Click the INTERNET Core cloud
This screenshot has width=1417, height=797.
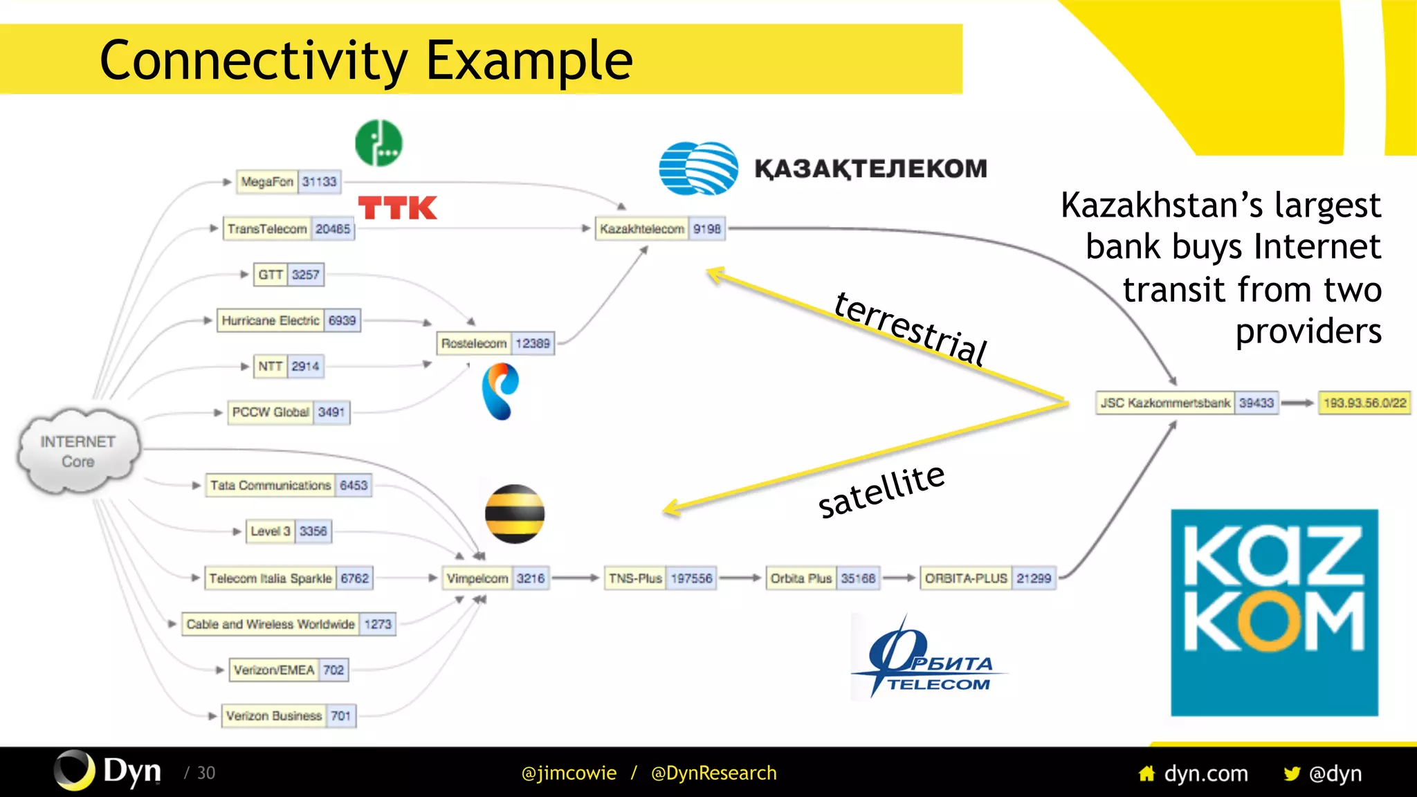pyautogui.click(x=77, y=451)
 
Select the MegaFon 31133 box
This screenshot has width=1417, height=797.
pyautogui.click(x=288, y=182)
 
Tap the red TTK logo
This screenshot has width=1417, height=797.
pyautogui.click(x=397, y=208)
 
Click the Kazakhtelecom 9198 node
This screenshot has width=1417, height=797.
pyautogui.click(x=660, y=229)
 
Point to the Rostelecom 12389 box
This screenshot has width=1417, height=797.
pyautogui.click(x=495, y=343)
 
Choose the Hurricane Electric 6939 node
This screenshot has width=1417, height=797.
pyautogui.click(x=289, y=320)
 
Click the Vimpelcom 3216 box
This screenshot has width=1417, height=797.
pyautogui.click(x=495, y=578)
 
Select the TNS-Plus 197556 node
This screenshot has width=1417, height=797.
pyautogui.click(x=660, y=578)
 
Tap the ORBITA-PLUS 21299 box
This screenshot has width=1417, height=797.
pyautogui.click(x=987, y=578)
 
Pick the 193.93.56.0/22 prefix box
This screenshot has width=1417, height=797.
pyautogui.click(x=1364, y=403)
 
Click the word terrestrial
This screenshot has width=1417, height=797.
pyautogui.click(x=910, y=328)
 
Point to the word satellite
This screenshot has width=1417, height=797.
pyautogui.click(x=881, y=491)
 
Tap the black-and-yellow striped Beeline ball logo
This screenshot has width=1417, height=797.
pyautogui.click(x=514, y=514)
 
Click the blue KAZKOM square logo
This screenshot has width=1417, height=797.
pyautogui.click(x=1274, y=612)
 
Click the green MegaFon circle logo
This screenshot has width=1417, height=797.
pyautogui.click(x=378, y=143)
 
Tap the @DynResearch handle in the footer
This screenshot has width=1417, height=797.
pyautogui.click(x=713, y=773)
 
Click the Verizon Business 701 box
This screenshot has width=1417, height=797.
pyautogui.click(x=289, y=716)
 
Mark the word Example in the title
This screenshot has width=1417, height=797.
pyautogui.click(x=529, y=60)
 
